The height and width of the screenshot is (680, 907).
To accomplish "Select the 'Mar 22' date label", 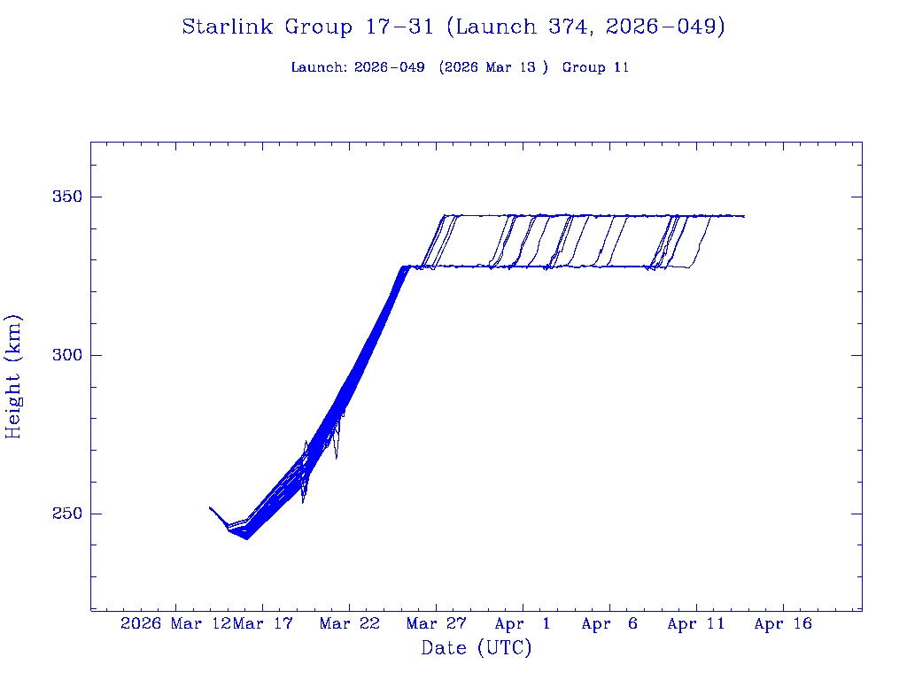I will pyautogui.click(x=349, y=624).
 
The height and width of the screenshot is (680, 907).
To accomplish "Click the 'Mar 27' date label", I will pyautogui.click(x=436, y=624).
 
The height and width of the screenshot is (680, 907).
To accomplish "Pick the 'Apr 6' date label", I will pyautogui.click(x=609, y=624).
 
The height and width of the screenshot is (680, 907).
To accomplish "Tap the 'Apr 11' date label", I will pyautogui.click(x=696, y=624).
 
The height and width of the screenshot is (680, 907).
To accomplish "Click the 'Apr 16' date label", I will pyautogui.click(x=783, y=624).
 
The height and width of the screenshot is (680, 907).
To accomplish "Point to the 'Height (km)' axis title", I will pyautogui.click(x=13, y=376).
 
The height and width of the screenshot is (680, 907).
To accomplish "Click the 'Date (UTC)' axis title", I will pyautogui.click(x=477, y=649).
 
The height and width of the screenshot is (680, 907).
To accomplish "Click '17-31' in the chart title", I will pyautogui.click(x=399, y=27).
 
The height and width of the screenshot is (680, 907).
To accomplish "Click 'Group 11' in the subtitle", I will pyautogui.click(x=595, y=67).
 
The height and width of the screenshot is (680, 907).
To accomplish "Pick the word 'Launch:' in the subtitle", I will pyautogui.click(x=319, y=67).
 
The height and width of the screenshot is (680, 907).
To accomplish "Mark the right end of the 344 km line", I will pyautogui.click(x=744, y=216).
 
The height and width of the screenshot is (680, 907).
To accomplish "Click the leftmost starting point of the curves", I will pyautogui.click(x=210, y=507).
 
